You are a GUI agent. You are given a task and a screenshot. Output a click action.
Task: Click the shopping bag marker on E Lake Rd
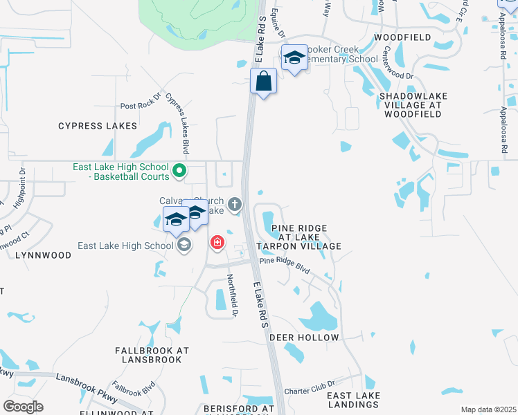pos(264,82)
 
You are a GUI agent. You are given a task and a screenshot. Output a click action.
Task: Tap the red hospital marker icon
pos(217,242)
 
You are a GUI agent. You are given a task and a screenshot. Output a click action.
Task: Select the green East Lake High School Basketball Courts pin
pos(179,169)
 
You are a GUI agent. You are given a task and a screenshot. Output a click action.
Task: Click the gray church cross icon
pos(235,203)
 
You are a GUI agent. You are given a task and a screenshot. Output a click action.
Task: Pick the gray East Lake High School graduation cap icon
pos(184,246)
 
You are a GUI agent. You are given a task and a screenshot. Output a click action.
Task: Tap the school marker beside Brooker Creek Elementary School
pos(294,59)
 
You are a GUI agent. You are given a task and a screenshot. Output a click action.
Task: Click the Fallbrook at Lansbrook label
pos(152,356)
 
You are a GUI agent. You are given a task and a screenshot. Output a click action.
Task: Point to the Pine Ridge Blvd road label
pos(285,266)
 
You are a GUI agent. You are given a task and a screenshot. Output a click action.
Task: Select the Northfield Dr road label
pos(233,295)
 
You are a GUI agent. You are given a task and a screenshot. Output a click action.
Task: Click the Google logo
pos(23,407)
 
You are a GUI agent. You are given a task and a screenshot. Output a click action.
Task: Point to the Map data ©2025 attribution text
pos(488,409)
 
